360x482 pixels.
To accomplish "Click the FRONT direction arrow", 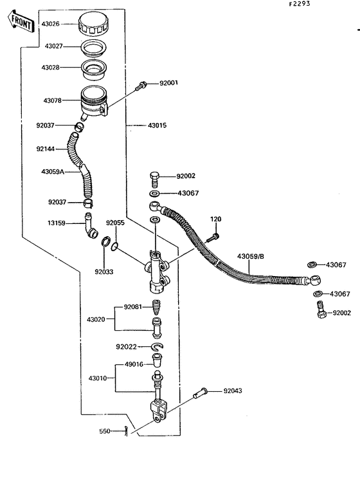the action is pos(21,21).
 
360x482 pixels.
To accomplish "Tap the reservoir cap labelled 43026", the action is pos(94,23).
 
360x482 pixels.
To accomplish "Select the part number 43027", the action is pos(54,46).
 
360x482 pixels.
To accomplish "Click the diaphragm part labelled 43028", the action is pos(94,68).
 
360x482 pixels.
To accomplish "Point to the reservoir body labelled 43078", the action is pos(94,102).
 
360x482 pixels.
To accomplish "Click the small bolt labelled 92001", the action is pos(141,86).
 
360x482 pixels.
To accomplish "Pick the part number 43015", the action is pos(157,125).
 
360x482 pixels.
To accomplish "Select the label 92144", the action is pos(46,149).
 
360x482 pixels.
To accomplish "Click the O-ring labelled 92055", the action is pos(114,246).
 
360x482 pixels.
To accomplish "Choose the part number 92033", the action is pos(104,272).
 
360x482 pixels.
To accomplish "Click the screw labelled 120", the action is pos(213,237).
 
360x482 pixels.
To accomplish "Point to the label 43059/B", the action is pos(251,256).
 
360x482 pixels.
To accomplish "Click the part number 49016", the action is pos(134,364).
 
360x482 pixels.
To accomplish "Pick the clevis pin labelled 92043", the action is pos(201,393).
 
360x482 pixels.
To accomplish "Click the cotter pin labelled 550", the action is pos(126,431).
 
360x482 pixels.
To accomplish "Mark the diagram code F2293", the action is pos(300,4).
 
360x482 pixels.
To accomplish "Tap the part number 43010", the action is pos(98,378).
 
